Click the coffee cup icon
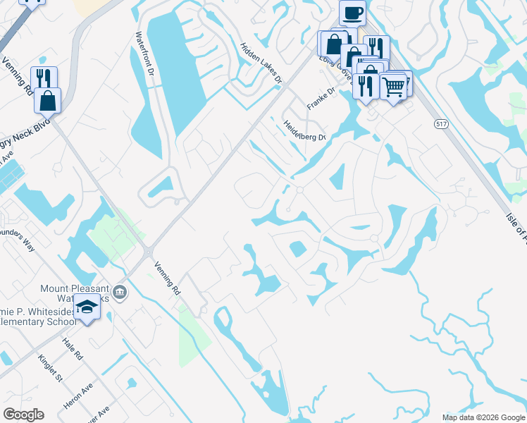[352, 12]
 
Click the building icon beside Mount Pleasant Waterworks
[120, 291]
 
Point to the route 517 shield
[441, 124]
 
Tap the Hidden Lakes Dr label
[261, 64]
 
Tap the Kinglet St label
[51, 367]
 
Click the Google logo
[23, 415]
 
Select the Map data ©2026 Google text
[483, 417]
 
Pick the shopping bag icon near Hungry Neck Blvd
[47, 99]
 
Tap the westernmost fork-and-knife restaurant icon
[44, 78]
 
